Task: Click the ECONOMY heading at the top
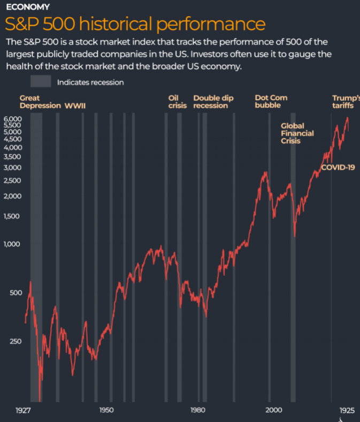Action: click(27, 7)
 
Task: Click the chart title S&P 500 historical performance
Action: click(135, 24)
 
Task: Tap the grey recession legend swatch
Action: click(41, 82)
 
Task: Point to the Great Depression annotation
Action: click(40, 102)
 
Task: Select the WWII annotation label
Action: click(75, 105)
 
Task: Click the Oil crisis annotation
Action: click(177, 102)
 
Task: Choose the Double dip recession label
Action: click(213, 102)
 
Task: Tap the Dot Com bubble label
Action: click(271, 102)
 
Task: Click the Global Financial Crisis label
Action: click(297, 133)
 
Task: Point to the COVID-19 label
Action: click(338, 168)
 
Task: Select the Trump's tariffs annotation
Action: click(346, 102)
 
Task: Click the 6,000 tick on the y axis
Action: click(12, 118)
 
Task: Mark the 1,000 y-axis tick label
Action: click(12, 244)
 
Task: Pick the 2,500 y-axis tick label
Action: click(12, 180)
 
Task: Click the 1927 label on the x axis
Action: click(22, 410)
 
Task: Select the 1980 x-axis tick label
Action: click(198, 410)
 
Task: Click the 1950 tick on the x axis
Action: click(106, 410)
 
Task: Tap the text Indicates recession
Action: click(90, 82)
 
